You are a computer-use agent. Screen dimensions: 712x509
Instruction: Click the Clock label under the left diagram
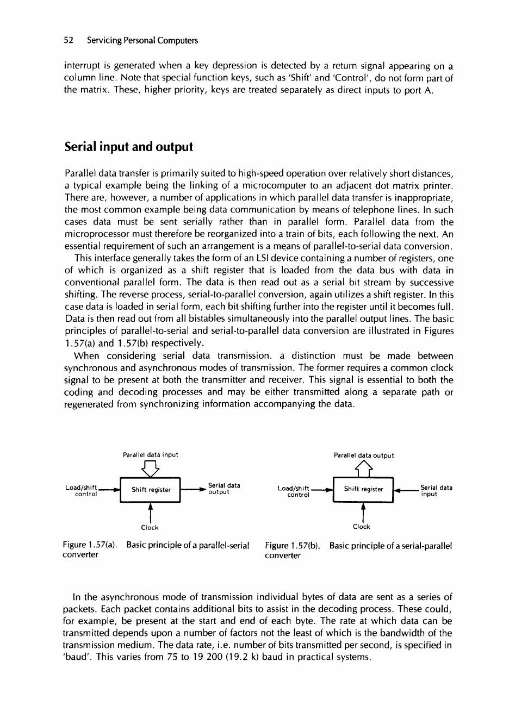tap(150, 527)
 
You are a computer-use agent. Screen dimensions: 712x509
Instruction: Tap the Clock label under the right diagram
tap(362, 527)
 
